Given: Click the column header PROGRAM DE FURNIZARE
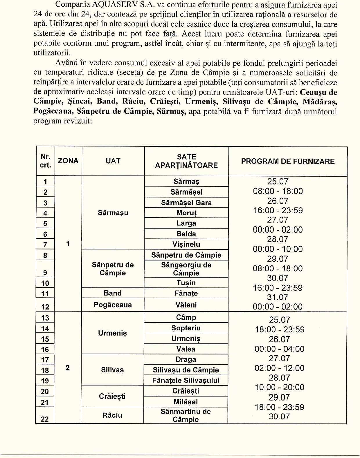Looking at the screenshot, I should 288,161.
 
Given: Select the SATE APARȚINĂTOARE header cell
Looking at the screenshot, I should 186,161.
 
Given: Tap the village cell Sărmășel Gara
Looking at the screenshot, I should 186,202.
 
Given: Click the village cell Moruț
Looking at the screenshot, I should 186,213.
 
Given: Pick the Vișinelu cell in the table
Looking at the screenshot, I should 186,244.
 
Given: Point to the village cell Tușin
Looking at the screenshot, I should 186,283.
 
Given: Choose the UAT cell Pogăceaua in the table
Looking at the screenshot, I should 113,305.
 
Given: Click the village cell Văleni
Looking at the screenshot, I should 186,305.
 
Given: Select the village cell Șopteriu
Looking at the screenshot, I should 186,328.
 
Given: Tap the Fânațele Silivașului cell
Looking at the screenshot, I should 186,380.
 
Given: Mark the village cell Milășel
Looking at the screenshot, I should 186,402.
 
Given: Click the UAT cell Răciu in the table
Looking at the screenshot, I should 112,415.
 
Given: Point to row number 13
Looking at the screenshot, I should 45,318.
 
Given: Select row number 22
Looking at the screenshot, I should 45,419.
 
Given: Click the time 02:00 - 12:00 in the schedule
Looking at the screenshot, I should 279,368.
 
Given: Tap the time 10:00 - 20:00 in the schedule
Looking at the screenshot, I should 279,387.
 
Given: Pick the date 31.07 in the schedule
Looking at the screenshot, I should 278,297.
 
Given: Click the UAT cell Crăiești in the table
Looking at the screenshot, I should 112,396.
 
